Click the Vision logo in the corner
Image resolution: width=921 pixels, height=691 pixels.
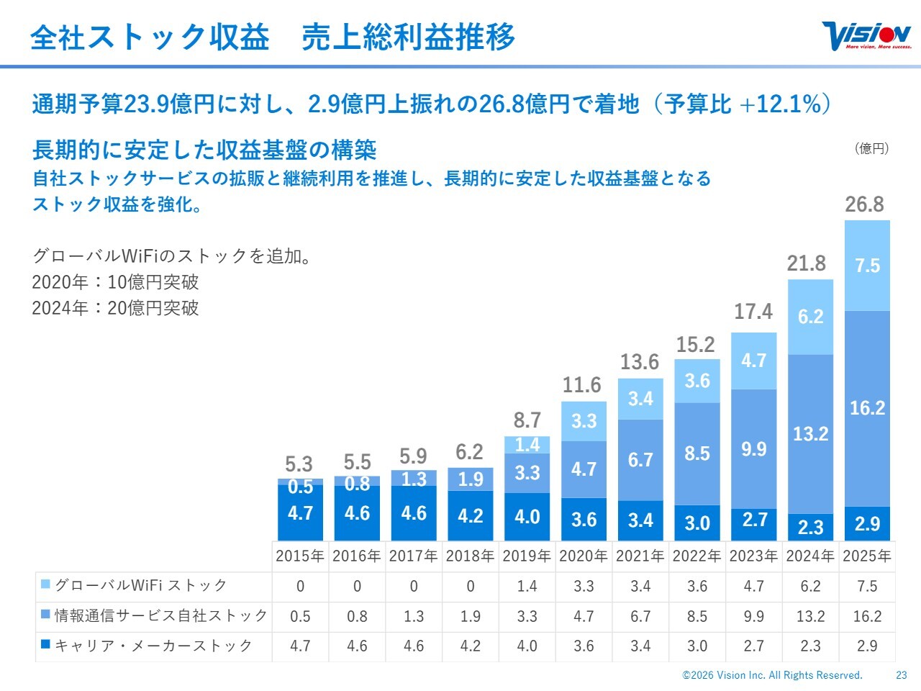pyautogui.click(x=866, y=36)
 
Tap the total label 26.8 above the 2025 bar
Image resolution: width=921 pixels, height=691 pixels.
pyautogui.click(x=864, y=204)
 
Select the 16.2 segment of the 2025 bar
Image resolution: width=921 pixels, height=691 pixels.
pyautogui.click(x=867, y=408)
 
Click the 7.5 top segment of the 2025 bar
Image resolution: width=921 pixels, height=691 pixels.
pyautogui.click(x=867, y=266)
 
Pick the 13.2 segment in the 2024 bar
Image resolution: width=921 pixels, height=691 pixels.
pyautogui.click(x=810, y=434)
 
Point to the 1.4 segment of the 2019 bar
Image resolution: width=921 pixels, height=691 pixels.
pyautogui.click(x=527, y=445)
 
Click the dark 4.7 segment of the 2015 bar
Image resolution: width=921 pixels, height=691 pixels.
pyautogui.click(x=300, y=513)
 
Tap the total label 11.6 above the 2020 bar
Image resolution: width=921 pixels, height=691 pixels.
pyautogui.click(x=581, y=385)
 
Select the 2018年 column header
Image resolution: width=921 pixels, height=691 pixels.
pyautogui.click(x=470, y=556)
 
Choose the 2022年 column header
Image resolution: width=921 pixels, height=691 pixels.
pyautogui.click(x=697, y=556)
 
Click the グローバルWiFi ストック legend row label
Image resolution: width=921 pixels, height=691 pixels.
pyautogui.click(x=141, y=586)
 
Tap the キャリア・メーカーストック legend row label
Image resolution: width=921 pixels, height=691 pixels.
pyautogui.click(x=153, y=646)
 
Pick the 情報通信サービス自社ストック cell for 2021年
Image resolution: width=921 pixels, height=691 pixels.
pyautogui.click(x=640, y=616)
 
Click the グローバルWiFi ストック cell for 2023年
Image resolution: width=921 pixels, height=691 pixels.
pyautogui.click(x=753, y=586)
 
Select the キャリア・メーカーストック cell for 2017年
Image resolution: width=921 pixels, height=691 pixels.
pyautogui.click(x=414, y=646)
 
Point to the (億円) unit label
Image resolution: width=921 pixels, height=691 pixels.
pyautogui.click(x=871, y=148)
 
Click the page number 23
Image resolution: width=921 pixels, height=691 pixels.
pyautogui.click(x=902, y=675)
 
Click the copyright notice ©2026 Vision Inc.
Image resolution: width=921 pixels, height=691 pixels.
pyautogui.click(x=772, y=675)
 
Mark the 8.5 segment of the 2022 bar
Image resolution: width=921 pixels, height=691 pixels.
pyautogui.click(x=697, y=453)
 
